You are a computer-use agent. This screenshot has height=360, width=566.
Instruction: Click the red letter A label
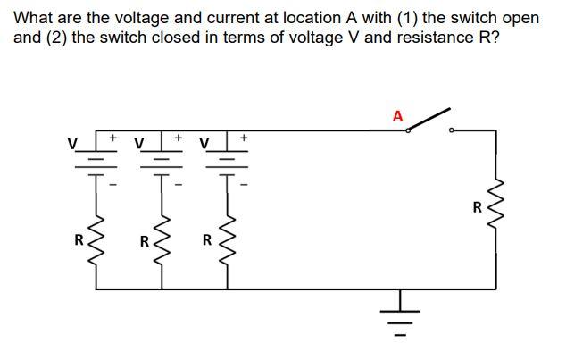tap(397, 116)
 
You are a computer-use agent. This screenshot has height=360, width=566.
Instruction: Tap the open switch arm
tap(429, 120)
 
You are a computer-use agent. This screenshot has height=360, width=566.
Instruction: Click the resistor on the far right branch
tap(496, 207)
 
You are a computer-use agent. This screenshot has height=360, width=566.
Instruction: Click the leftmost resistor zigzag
tap(97, 240)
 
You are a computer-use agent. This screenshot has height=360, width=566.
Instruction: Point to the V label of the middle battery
tap(140, 143)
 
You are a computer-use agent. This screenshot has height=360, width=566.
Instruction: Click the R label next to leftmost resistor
tap(79, 240)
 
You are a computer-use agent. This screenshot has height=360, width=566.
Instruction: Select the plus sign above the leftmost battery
tap(113, 138)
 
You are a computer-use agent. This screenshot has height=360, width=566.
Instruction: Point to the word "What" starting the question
tap(33, 18)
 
